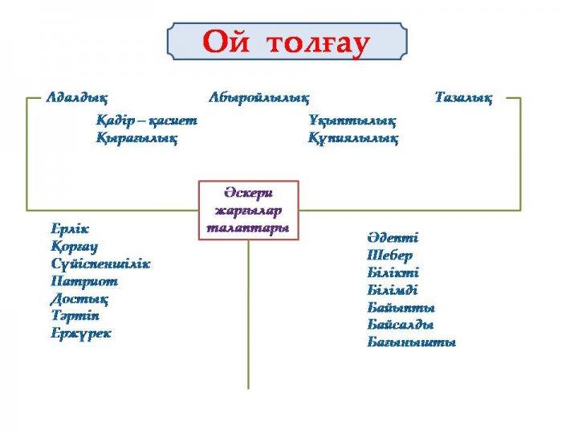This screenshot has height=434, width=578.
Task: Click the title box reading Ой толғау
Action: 287,43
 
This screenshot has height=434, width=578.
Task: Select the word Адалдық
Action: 76,98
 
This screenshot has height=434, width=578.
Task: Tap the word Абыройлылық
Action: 258,98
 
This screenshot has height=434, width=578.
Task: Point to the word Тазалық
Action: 463,98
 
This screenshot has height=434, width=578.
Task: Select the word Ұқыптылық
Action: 352,121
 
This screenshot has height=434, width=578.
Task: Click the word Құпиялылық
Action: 353,138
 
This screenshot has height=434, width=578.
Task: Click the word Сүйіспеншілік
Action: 100,264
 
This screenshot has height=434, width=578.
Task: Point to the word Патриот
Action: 84,281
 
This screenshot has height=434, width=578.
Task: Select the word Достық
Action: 79,298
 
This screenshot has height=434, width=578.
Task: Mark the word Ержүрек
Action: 81,333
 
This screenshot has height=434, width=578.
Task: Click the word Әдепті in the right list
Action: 393,238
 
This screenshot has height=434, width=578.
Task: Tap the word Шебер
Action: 390,256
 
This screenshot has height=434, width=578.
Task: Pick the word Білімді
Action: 393,290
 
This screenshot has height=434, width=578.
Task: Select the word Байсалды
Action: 401,325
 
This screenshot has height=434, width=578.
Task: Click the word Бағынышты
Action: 411,342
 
